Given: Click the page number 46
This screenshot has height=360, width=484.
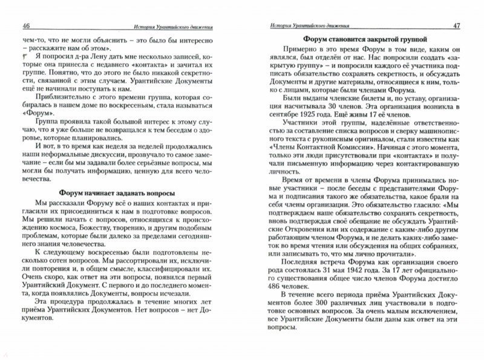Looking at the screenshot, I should [27, 25].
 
